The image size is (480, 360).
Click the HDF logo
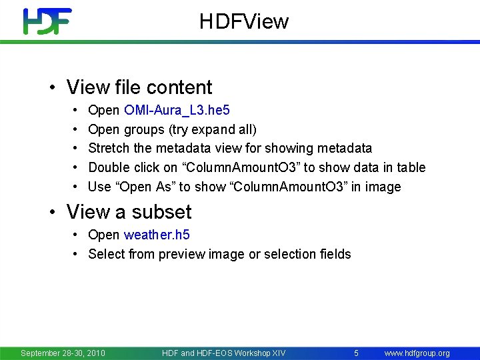click(47, 21)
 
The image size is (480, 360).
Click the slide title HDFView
click(244, 22)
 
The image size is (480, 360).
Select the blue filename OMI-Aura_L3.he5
click(177, 110)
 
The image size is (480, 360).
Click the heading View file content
click(139, 87)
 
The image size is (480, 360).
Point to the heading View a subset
click(129, 212)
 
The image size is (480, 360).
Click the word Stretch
click(108, 148)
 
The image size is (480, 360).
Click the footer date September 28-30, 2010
click(63, 353)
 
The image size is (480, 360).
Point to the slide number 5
click(357, 353)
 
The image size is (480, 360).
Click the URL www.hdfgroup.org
click(417, 353)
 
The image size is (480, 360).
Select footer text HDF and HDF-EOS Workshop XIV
click(223, 353)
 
